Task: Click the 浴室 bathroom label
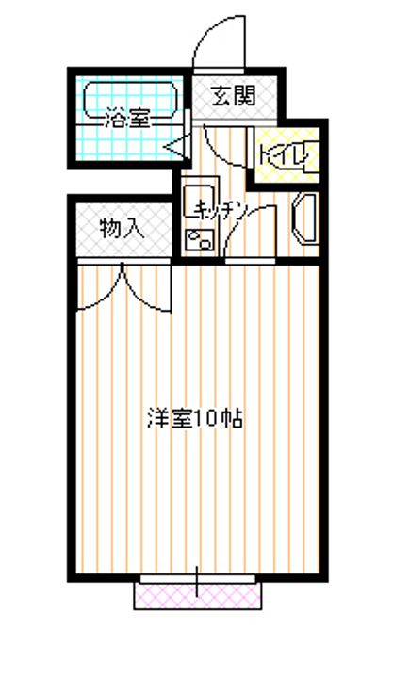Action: pyautogui.click(x=127, y=120)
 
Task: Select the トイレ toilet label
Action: pyautogui.click(x=285, y=153)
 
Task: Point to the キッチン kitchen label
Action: pyautogui.click(x=221, y=210)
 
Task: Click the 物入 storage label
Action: pyautogui.click(x=122, y=228)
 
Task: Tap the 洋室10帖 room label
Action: pyautogui.click(x=195, y=418)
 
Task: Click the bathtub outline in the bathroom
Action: pyautogui.click(x=130, y=101)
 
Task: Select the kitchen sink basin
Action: pyautogui.click(x=199, y=201)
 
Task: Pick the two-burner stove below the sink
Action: pyautogui.click(x=200, y=239)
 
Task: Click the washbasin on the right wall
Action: pyautogui.click(x=305, y=218)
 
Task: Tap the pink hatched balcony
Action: pyautogui.click(x=198, y=596)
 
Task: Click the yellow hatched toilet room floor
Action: pyautogui.click(x=287, y=154)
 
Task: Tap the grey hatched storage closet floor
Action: pyautogui.click(x=123, y=229)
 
